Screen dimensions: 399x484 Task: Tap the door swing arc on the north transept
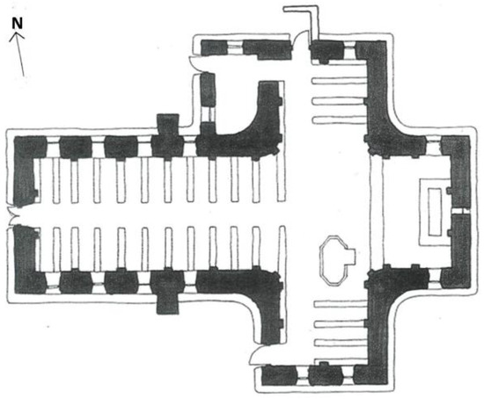(301, 39)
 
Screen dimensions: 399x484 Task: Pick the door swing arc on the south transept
(255, 355)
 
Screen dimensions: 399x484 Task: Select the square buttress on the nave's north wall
(167, 125)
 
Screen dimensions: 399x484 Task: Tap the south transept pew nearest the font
(339, 304)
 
